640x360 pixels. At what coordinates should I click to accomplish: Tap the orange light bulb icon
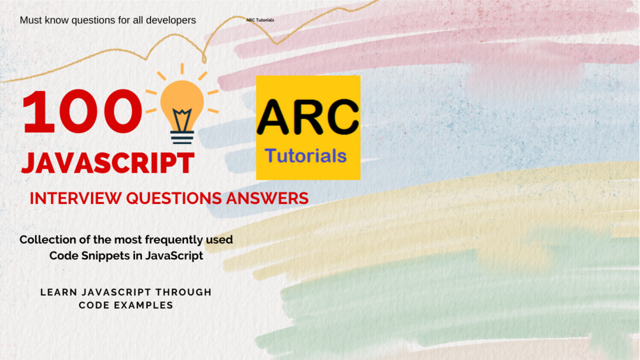click(x=182, y=104)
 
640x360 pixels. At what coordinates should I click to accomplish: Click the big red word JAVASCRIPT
click(x=108, y=163)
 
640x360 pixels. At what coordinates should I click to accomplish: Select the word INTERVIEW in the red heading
click(x=76, y=198)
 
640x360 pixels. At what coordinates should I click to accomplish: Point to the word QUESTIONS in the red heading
click(x=174, y=198)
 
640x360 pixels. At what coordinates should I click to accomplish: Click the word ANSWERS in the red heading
click(x=267, y=198)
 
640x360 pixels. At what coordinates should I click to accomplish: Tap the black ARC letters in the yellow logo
click(x=308, y=117)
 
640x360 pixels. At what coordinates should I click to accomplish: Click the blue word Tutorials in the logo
click(x=306, y=156)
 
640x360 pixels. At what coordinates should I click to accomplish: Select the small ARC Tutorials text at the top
click(x=260, y=20)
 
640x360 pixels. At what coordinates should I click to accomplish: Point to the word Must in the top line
click(x=31, y=20)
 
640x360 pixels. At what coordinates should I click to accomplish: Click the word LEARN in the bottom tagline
click(x=59, y=292)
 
